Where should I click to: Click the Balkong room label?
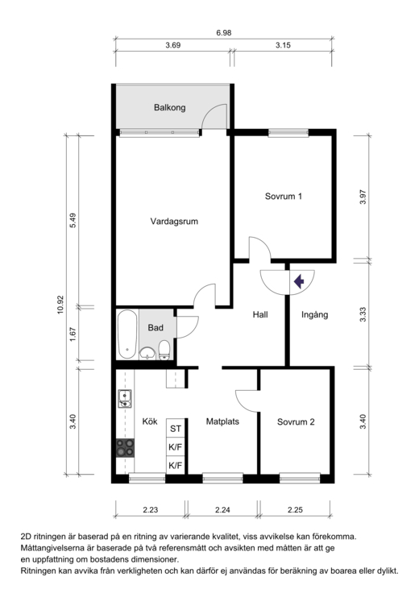tap(170, 107)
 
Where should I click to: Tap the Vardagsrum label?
tap(174, 222)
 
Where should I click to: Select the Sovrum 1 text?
tap(284, 197)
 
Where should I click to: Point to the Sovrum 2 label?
tap(296, 422)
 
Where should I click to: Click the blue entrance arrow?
tap(299, 281)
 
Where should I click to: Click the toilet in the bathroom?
tap(164, 351)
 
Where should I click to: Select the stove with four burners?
tap(125, 448)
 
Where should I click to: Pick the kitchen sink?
tap(124, 399)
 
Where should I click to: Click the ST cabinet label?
tap(176, 429)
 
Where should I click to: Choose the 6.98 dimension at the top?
tap(224, 33)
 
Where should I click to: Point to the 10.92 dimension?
tap(60, 305)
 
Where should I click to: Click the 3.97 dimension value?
tap(363, 197)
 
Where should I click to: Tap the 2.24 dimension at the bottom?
tap(222, 510)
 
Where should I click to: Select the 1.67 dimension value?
tap(73, 334)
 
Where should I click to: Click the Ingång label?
tap(314, 315)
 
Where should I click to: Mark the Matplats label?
tap(222, 421)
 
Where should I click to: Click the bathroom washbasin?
tap(147, 353)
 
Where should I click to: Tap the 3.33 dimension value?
tap(363, 314)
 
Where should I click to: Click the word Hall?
tap(260, 314)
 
